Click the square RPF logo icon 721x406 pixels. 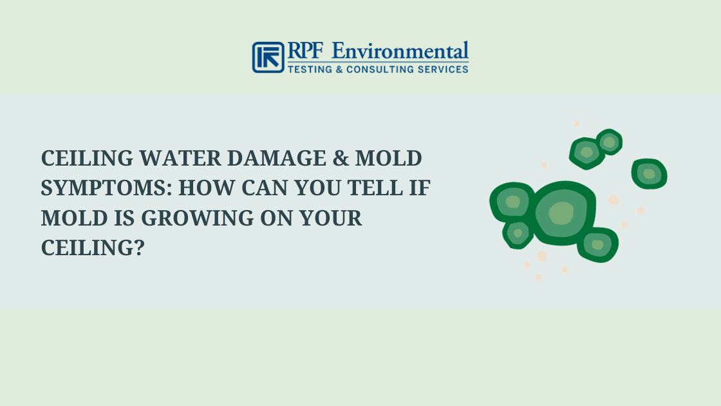[x=268, y=57]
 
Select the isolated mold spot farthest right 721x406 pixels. [x=649, y=173]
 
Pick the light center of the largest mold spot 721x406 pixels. [x=561, y=213]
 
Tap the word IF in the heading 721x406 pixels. [x=422, y=188]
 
